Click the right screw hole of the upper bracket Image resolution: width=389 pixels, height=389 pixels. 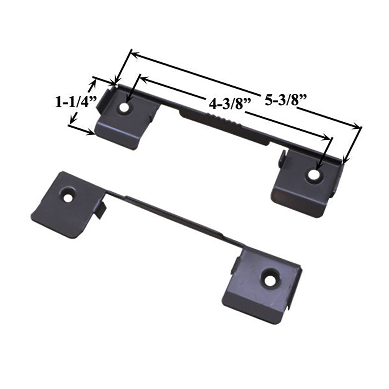coord(313,175)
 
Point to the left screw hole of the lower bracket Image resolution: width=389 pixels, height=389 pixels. coord(68,198)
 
